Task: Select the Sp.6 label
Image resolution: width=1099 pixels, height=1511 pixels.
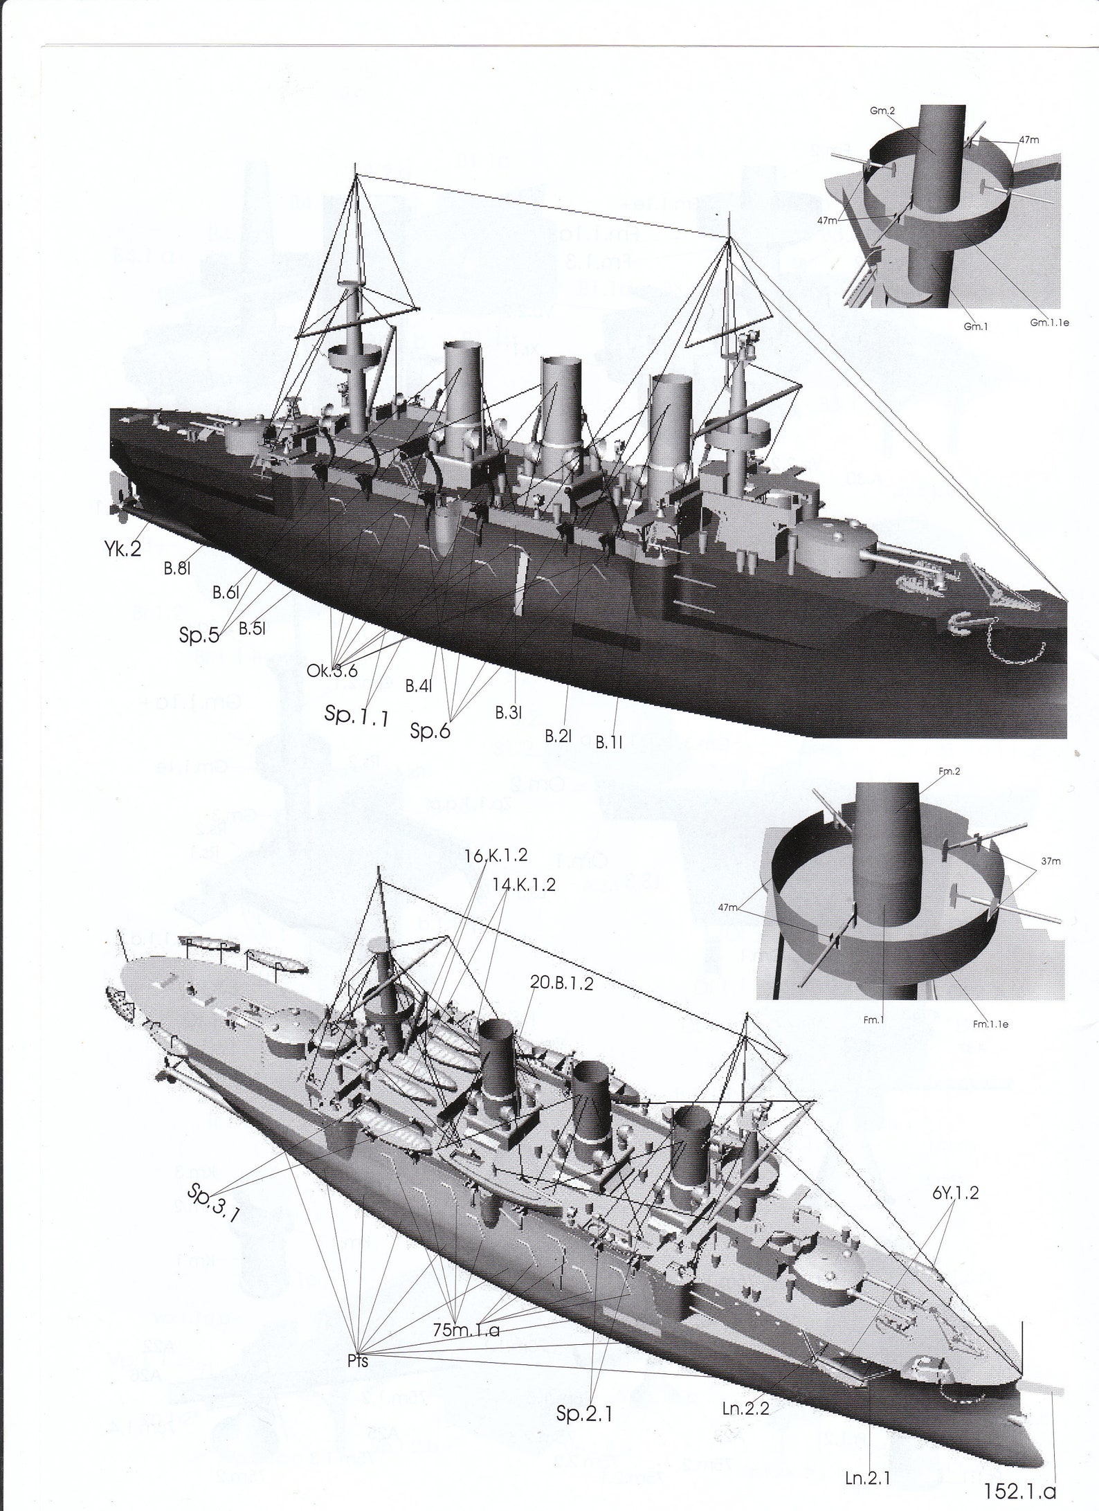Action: pyautogui.click(x=430, y=730)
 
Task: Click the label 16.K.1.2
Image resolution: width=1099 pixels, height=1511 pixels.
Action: pyautogui.click(x=496, y=855)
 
